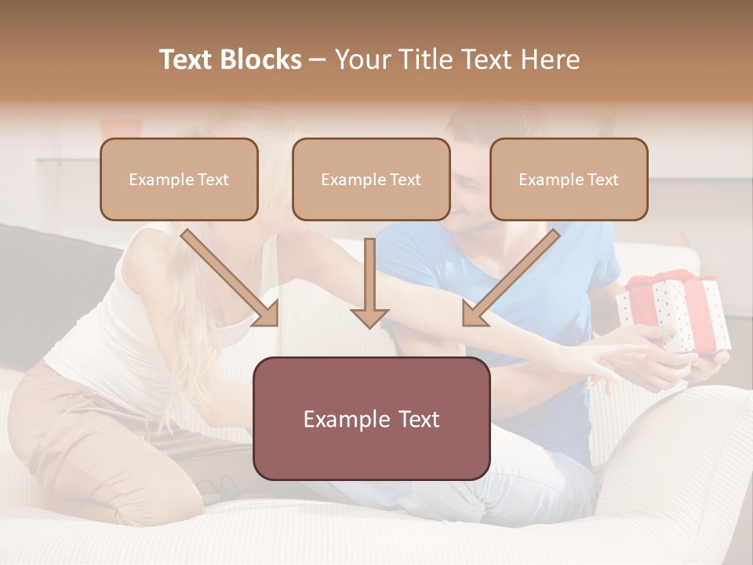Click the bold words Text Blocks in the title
coord(230,60)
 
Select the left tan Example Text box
coord(179,179)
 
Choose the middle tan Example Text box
coord(371,179)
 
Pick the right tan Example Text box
coord(569,179)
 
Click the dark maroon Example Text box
coord(371,418)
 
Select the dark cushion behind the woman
coord(47,290)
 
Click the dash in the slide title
coord(318,60)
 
